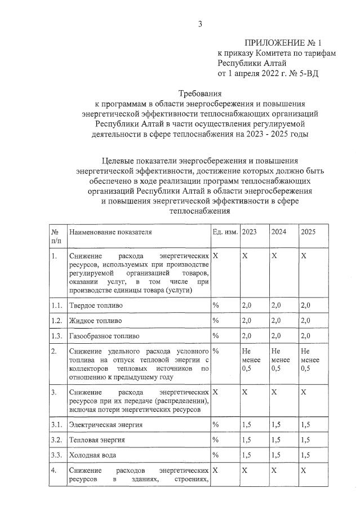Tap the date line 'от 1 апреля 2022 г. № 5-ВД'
tap(268, 73)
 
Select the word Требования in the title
tap(199, 94)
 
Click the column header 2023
tap(249, 232)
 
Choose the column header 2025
tap(308, 232)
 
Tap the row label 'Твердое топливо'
tap(96, 305)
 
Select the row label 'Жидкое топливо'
tap(95, 321)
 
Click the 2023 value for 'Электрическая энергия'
tap(247, 424)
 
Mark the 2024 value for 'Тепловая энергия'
tap(276, 440)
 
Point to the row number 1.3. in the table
tap(56, 336)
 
